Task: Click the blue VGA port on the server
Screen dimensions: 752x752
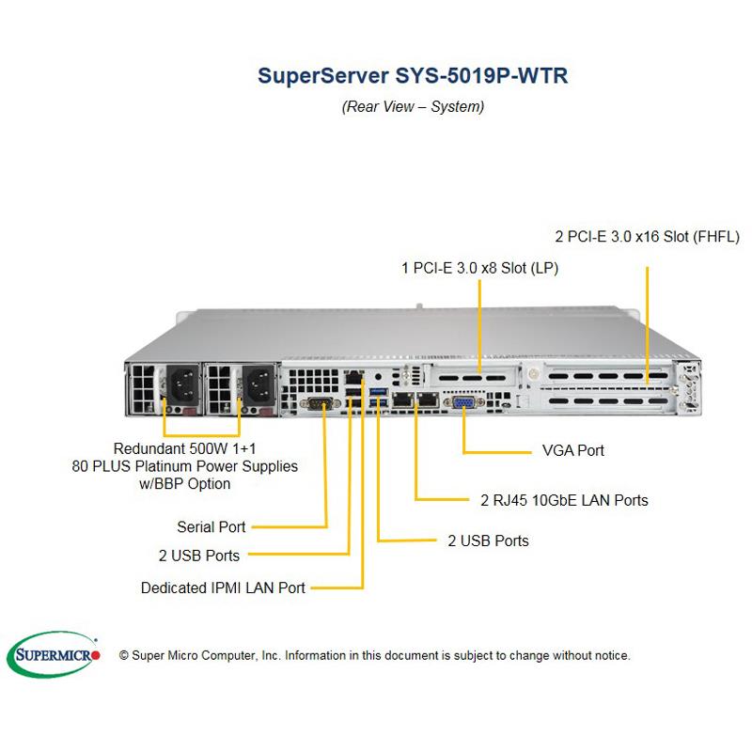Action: (x=463, y=402)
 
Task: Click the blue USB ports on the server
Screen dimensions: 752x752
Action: (x=379, y=397)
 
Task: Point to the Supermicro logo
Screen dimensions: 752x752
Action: (x=57, y=654)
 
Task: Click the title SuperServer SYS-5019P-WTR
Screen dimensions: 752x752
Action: (x=413, y=76)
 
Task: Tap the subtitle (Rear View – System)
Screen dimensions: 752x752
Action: (x=413, y=106)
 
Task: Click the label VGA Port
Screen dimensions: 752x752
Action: (x=573, y=450)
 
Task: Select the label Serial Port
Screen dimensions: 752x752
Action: (x=211, y=527)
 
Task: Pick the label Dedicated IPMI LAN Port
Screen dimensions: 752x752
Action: (x=223, y=587)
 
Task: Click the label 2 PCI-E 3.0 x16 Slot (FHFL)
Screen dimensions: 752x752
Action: (x=648, y=236)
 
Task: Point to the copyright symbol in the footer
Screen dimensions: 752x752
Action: (x=124, y=655)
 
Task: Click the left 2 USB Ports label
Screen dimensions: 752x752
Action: (x=198, y=555)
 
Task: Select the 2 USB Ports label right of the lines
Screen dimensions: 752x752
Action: (x=488, y=540)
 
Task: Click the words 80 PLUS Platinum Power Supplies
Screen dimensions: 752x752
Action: (x=184, y=465)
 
